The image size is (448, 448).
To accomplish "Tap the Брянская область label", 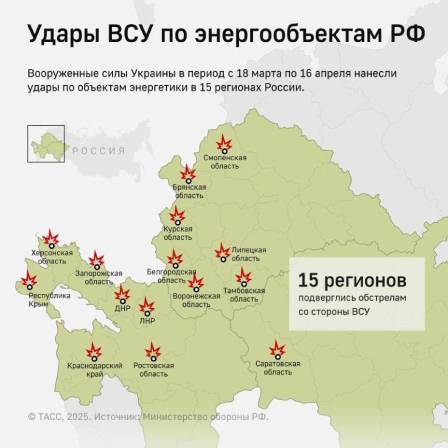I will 189,191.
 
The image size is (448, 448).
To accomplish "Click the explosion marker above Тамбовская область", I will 243,276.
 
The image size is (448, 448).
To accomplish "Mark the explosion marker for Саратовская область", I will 277,350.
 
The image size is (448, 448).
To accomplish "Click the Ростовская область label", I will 153,369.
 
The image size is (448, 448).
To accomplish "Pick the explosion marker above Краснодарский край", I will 93,352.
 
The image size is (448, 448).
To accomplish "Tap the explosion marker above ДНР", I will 122,295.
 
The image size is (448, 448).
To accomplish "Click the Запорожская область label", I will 99,277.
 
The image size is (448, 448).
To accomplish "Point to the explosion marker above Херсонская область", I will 51,238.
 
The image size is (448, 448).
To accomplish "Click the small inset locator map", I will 46,143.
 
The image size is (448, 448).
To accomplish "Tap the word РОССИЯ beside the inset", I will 99,151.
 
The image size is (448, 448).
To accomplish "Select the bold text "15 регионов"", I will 352,280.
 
